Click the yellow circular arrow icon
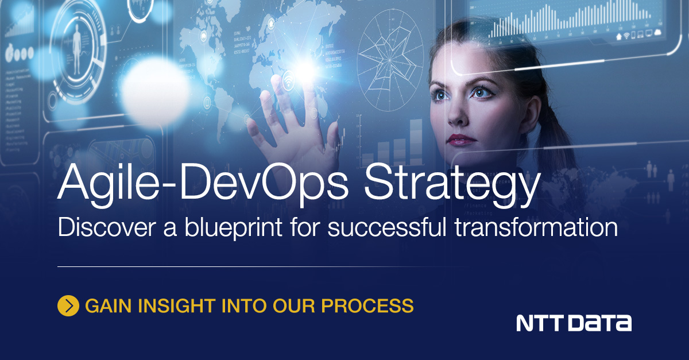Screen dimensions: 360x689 pos(68,305)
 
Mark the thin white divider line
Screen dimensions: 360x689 pos(258,266)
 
